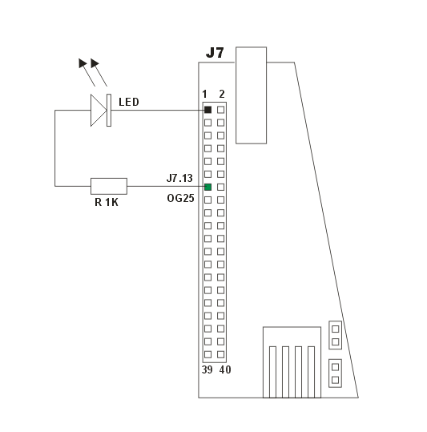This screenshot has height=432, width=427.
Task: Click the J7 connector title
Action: [x=215, y=52]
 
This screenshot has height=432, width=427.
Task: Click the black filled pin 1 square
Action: [x=207, y=110]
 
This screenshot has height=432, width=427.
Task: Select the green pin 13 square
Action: [x=207, y=187]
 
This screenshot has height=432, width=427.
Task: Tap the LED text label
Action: [x=129, y=102]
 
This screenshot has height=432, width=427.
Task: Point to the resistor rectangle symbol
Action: [x=109, y=186]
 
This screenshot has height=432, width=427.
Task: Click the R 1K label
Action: [x=107, y=202]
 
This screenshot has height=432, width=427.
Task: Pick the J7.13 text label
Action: [x=179, y=178]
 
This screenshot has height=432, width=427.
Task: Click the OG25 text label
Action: [x=180, y=198]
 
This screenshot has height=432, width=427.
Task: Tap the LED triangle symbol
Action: [x=99, y=111]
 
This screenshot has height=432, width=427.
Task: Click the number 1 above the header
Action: [x=204, y=94]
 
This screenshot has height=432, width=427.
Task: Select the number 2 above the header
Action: [x=222, y=94]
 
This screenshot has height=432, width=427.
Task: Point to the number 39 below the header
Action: [x=207, y=369]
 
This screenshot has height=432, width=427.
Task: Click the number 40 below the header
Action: [x=225, y=369]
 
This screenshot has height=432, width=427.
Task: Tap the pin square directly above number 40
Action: [x=220, y=354]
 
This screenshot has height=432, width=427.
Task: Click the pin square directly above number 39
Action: [x=207, y=354]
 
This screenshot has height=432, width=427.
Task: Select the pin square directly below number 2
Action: [x=220, y=110]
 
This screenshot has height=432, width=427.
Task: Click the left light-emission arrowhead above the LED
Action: [x=83, y=63]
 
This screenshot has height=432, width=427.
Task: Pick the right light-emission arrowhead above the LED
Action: [x=95, y=63]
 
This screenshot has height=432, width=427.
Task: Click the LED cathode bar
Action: [x=109, y=111]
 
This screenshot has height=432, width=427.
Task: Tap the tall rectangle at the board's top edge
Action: [x=251, y=95]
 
